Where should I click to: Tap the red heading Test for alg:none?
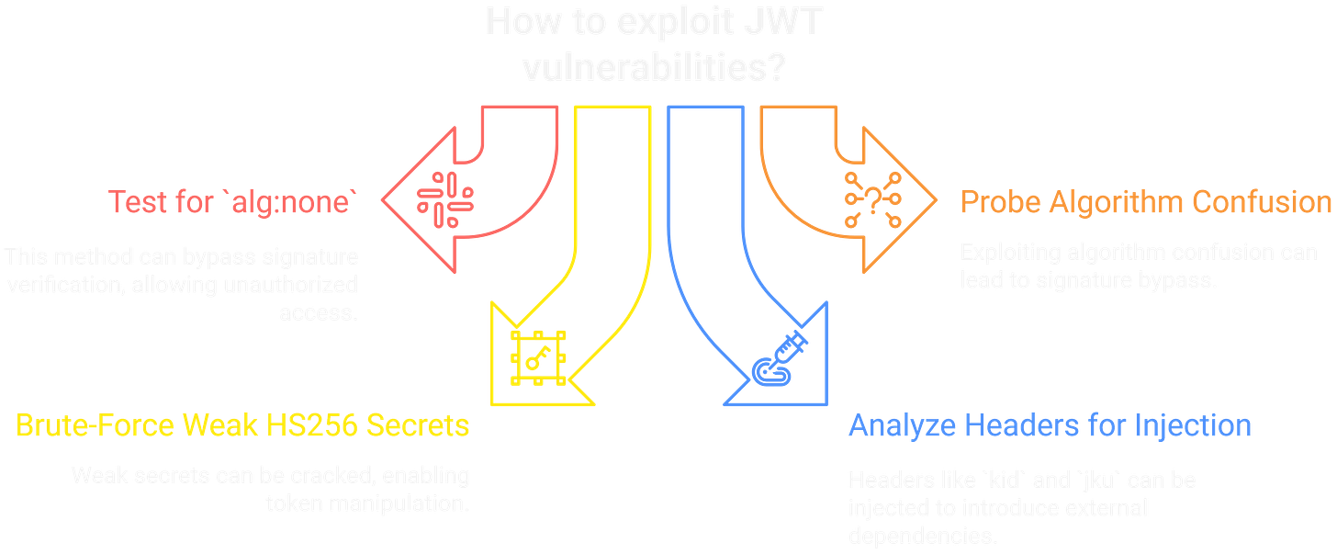click(230, 201)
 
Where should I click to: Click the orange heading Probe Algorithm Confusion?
click(1146, 202)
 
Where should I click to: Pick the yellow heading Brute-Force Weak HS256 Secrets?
click(243, 426)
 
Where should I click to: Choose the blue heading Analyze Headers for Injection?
click(1050, 425)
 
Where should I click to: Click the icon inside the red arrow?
click(444, 198)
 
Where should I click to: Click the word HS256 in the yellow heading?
click(313, 426)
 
